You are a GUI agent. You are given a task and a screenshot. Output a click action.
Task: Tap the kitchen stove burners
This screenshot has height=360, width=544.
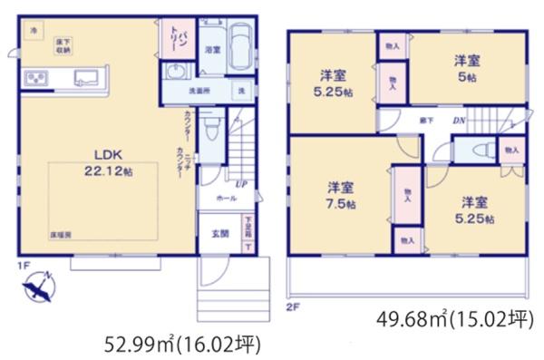(x=37, y=80)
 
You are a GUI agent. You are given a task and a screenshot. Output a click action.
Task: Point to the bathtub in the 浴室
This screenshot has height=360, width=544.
(x=242, y=50)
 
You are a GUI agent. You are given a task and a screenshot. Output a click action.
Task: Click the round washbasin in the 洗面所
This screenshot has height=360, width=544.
(x=176, y=74)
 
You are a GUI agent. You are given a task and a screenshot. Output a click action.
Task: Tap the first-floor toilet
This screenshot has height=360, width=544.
(x=210, y=127)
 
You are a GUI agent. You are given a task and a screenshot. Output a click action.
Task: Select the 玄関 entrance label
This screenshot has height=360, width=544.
(x=220, y=233)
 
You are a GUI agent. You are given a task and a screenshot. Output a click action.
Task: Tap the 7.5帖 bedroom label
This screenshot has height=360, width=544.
(x=342, y=195)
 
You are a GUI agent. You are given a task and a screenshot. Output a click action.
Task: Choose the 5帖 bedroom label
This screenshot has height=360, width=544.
(x=467, y=68)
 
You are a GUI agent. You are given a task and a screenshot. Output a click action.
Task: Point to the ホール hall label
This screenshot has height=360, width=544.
(x=226, y=198)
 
